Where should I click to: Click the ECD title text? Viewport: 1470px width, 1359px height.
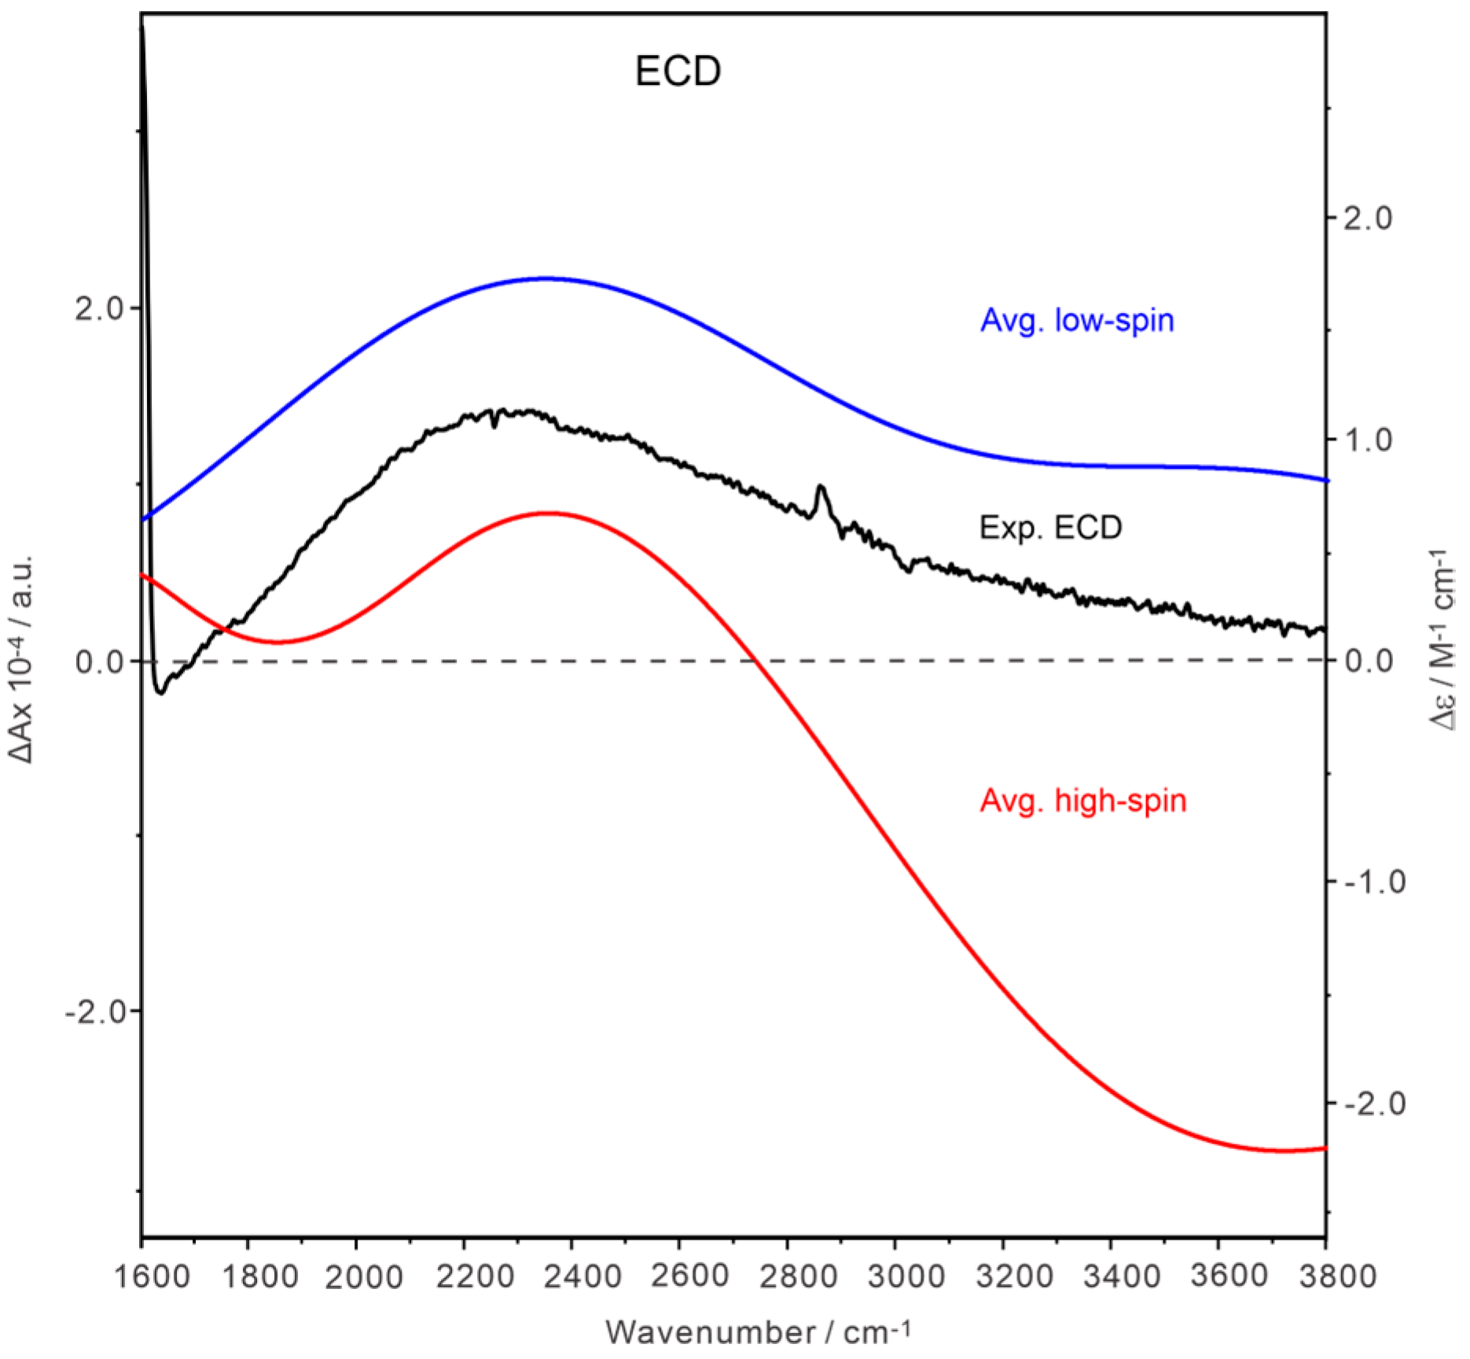point(678,72)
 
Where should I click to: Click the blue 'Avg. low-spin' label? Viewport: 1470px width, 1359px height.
point(1076,321)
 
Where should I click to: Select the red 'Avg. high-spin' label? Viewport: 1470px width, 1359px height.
point(1082,801)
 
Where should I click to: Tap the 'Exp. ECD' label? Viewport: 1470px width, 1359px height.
point(1050,528)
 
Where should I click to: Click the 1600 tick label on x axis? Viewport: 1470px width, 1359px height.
point(152,1276)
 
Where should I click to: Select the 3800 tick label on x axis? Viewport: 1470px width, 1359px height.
point(1337,1276)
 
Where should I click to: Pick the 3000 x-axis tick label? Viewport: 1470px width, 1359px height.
point(906,1276)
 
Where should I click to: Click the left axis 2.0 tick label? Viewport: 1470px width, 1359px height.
point(100,309)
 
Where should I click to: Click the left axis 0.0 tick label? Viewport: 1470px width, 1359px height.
point(100,661)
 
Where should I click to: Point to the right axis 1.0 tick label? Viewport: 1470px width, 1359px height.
point(1367,440)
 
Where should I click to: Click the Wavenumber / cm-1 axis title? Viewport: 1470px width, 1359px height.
point(758,1332)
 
